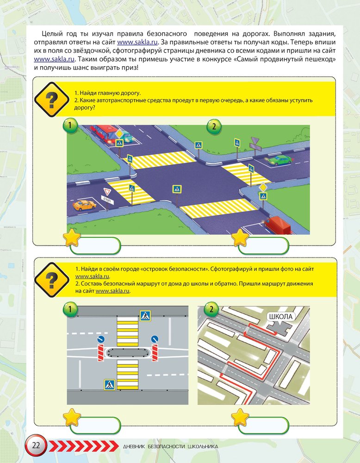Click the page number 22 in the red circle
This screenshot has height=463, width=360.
tap(36, 445)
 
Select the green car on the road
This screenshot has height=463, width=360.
tap(279, 160)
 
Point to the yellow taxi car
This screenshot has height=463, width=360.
tap(84, 205)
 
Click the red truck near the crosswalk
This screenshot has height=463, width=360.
tap(277, 225)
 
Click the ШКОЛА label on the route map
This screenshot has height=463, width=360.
tap(280, 317)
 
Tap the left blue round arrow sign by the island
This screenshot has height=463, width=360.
tap(101, 339)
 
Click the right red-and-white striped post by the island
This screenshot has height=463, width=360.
tap(155, 352)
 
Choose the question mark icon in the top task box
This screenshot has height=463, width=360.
tap(52, 99)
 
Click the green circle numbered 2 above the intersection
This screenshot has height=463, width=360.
tap(214, 126)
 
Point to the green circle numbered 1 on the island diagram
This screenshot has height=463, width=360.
tap(70, 309)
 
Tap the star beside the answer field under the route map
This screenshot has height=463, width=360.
tap(240, 418)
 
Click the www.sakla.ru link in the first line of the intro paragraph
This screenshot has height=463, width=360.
tap(137, 42)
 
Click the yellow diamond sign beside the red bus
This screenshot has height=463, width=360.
tap(119, 134)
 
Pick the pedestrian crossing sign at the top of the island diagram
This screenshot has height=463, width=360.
tap(145, 316)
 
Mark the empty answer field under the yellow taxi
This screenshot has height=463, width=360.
tap(95, 245)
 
